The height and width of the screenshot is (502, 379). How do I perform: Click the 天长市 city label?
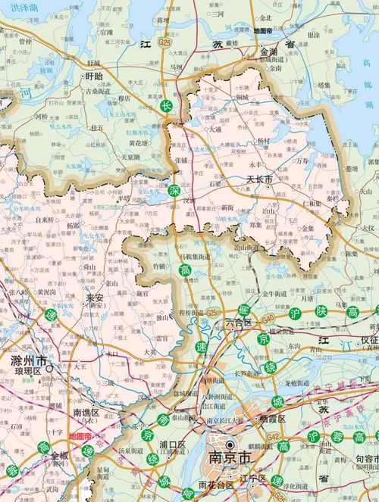(259, 179)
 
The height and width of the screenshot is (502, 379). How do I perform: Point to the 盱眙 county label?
(94, 76)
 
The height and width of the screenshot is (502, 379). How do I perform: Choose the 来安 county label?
(94, 298)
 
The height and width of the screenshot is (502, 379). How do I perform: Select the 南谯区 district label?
(86, 413)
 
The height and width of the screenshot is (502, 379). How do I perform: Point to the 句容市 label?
(362, 460)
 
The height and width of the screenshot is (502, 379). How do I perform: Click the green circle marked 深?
(175, 190)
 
